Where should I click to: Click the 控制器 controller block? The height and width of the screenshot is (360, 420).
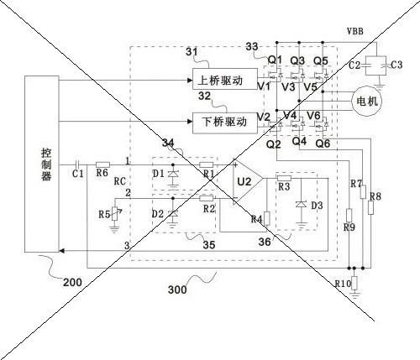point(42,164)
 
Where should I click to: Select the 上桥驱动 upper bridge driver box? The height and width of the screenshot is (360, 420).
point(225,79)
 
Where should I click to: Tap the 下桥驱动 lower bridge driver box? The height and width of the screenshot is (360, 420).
point(225,123)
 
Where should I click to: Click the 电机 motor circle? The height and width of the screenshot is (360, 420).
point(367,101)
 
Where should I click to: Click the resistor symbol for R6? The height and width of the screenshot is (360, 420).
point(102,164)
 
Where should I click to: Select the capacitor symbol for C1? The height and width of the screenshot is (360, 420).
point(78,164)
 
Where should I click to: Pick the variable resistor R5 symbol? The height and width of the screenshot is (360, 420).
point(114,214)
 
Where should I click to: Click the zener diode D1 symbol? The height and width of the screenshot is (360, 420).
point(172,174)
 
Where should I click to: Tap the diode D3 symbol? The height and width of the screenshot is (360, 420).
point(301,205)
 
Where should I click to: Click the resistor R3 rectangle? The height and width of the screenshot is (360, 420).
point(284,178)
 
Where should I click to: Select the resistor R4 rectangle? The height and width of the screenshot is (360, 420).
point(267,218)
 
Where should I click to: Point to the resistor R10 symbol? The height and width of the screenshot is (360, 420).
point(354,283)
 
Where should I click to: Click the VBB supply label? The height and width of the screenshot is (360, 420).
point(355,31)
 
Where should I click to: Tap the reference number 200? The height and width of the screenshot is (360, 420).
point(72,283)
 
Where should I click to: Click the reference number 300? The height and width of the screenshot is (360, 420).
point(177,290)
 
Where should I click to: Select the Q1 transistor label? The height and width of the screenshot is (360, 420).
point(275,60)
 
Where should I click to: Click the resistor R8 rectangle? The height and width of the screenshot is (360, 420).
point(370,207)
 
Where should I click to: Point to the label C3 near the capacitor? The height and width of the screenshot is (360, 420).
point(396,65)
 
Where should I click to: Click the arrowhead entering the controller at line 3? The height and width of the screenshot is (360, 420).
point(62,251)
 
